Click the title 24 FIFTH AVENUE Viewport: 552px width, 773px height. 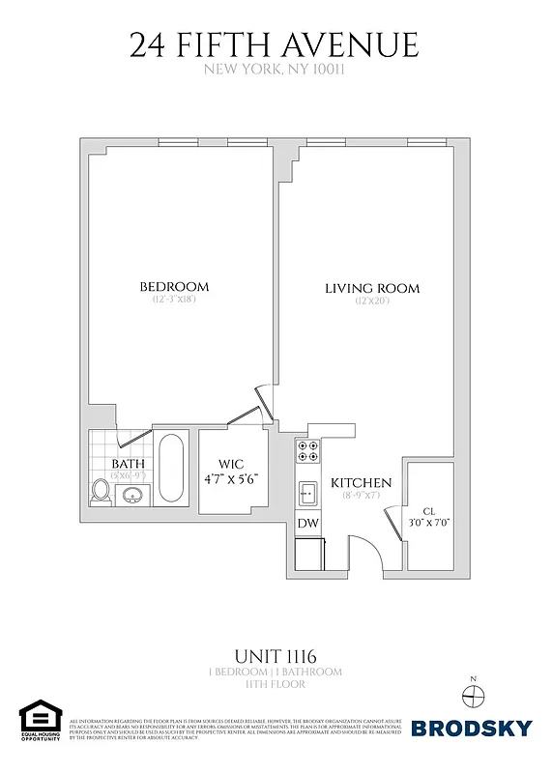275,44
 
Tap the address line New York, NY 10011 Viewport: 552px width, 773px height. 275,70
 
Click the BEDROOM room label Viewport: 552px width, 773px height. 174,287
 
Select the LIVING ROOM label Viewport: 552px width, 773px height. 372,288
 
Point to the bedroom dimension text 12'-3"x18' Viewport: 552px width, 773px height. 174,301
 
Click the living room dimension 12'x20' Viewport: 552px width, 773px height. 372,301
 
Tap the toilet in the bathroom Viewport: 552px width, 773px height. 100,491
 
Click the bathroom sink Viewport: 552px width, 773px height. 134,496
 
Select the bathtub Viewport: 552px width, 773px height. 172,468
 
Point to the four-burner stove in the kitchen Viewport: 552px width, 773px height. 307,451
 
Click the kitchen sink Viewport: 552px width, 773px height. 308,493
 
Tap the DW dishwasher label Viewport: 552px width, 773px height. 307,523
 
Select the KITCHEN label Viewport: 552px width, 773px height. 362,483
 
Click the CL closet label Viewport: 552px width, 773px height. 428,511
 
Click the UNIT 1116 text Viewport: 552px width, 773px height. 275,655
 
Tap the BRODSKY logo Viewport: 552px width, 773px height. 472,728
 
